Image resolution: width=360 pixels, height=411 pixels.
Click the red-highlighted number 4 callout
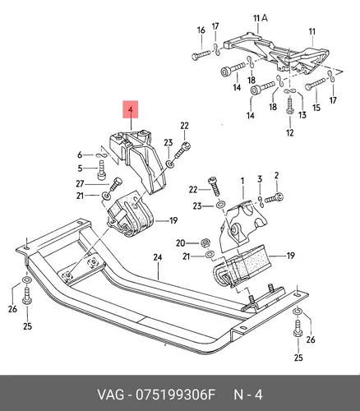coord(131,109)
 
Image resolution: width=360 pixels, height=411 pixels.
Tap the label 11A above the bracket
coord(261,18)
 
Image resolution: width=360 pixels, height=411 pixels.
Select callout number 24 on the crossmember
coord(158,257)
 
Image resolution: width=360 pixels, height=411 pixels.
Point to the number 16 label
coord(201,30)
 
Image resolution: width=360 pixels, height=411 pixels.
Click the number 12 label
coord(289,133)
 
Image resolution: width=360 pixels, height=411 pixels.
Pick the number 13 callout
coord(302,115)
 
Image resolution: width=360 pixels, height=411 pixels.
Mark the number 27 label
coord(80,183)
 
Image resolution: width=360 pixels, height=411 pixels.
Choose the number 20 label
coord(181,243)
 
